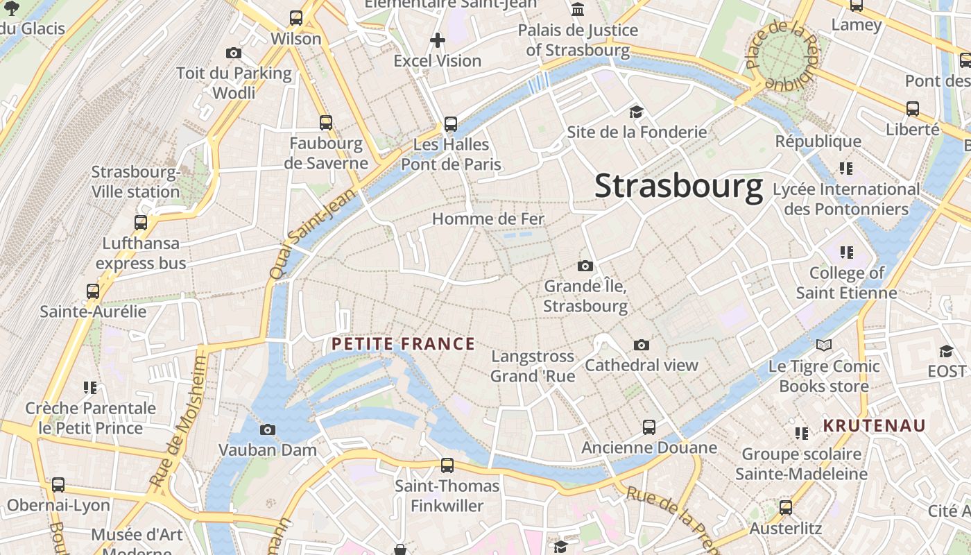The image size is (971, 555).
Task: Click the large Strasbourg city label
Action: [x=678, y=186]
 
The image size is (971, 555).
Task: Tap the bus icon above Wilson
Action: [x=296, y=18]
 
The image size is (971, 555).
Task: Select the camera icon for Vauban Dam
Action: [x=268, y=429]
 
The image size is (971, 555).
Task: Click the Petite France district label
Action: [x=403, y=344]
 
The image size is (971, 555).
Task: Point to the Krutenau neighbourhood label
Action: [x=874, y=426]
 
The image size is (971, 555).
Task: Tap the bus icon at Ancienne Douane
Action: [x=648, y=427]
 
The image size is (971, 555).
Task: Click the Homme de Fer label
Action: [x=488, y=219]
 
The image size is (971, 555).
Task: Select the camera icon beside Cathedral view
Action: [x=642, y=345]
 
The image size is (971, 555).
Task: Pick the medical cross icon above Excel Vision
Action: [x=437, y=40]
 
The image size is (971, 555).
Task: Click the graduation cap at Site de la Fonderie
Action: [x=636, y=112]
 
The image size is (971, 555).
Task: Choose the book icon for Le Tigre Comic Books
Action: [x=823, y=345]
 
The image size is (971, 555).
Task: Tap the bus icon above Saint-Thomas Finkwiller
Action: [x=447, y=465]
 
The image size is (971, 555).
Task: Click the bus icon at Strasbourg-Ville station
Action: [x=141, y=223]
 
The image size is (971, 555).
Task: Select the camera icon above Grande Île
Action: [x=585, y=266]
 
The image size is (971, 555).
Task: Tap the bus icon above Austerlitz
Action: [x=785, y=508]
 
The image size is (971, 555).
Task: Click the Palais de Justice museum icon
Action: [x=577, y=10]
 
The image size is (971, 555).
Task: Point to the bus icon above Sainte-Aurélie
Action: [x=93, y=291]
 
